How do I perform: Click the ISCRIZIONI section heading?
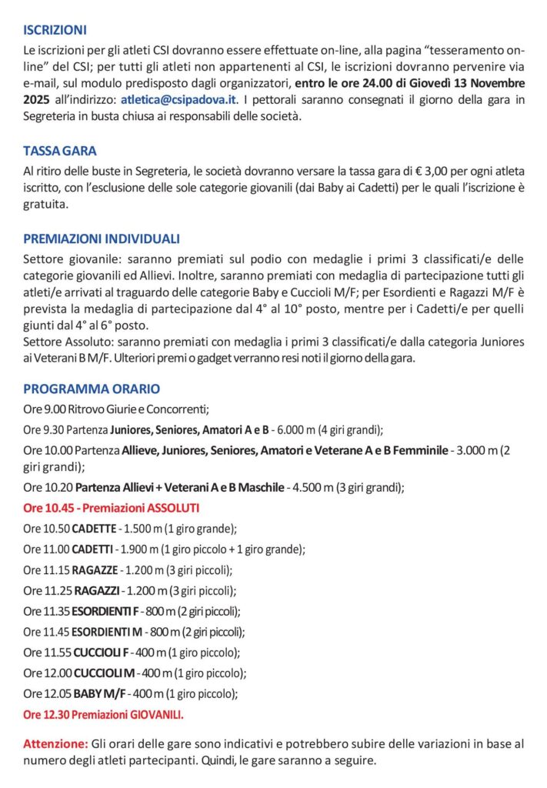click(x=55, y=31)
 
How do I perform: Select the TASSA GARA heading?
click(x=60, y=151)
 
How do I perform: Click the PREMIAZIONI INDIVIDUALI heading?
click(x=102, y=239)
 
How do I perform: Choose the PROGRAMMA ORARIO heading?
click(x=92, y=389)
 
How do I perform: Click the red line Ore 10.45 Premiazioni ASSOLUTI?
click(x=112, y=508)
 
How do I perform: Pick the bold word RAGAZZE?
click(x=95, y=570)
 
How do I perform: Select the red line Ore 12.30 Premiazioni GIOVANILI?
click(x=104, y=715)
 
